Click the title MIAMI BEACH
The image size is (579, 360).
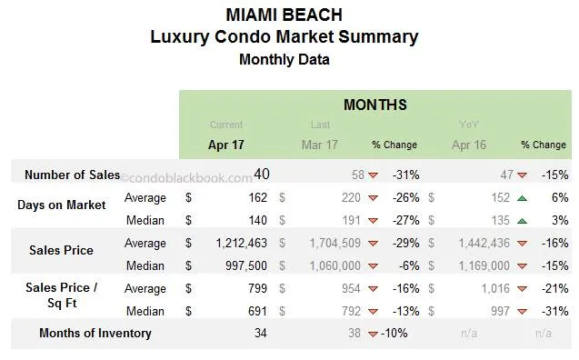click(284, 15)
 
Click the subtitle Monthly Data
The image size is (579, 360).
click(284, 60)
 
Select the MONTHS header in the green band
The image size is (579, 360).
click(374, 105)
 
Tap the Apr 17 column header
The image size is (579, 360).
click(225, 145)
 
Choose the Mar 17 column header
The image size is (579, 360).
click(319, 145)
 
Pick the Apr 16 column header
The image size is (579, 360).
click(470, 145)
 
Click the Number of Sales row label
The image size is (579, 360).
click(72, 175)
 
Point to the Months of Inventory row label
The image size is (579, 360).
click(95, 333)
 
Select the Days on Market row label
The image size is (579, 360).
click(61, 205)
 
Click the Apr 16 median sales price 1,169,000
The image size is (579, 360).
click(478, 265)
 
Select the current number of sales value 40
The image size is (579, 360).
click(262, 174)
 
